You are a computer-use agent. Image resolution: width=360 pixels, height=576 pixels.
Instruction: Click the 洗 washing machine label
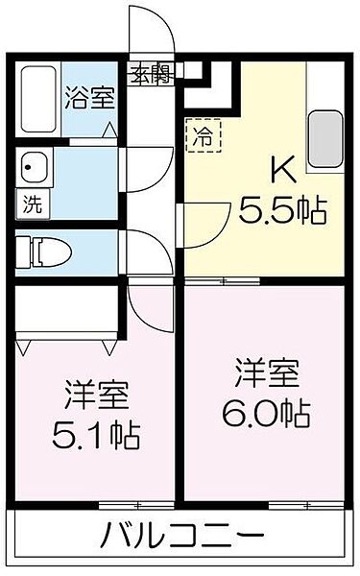[x=33, y=204]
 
